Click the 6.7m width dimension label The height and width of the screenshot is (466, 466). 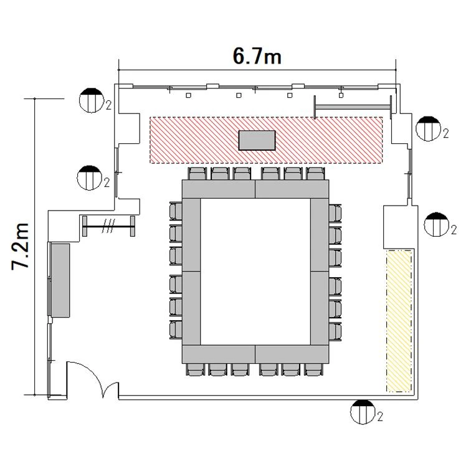pos(257,56)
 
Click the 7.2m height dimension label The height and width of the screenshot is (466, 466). pos(21,246)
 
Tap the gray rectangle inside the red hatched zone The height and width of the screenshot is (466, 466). pos(257,140)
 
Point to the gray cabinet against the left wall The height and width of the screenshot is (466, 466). pos(60,280)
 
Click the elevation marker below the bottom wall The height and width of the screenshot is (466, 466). pos(363,412)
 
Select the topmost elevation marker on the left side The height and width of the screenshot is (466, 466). pos(92,100)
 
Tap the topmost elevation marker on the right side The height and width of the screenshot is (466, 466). pos(428,129)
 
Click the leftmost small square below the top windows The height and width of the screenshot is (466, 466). pos(188,95)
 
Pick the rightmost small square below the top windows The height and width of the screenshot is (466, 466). pos(341,95)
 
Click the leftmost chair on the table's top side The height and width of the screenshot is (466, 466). pos(197,174)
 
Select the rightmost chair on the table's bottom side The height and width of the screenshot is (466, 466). pos(313,369)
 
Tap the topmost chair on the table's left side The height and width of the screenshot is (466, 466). pos(176,211)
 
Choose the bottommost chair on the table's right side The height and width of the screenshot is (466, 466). pos(335,331)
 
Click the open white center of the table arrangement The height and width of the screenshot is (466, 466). pos(255,272)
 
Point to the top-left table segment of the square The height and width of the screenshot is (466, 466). pos(219,189)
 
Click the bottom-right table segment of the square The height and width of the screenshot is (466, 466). pos(292,354)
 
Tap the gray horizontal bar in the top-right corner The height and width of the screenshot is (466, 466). pos(353,107)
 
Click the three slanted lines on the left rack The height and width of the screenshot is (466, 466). pos(108,226)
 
